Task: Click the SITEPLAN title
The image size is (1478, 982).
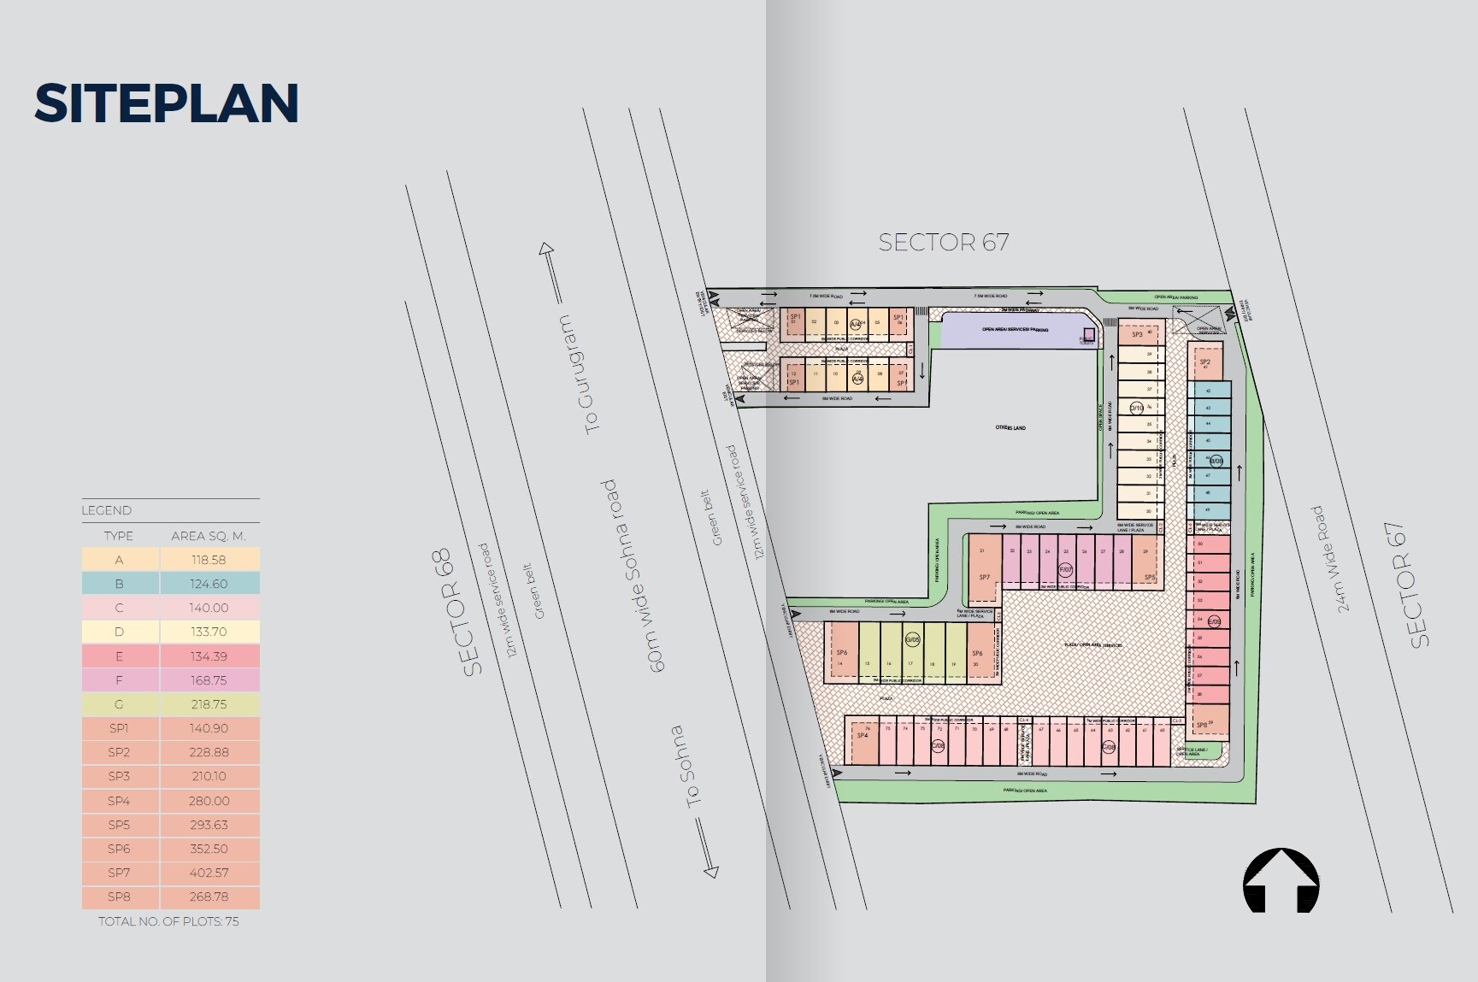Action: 167,103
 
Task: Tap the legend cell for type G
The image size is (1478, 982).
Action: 120,704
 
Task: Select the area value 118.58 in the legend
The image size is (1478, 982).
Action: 209,560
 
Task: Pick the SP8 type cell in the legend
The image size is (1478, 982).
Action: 120,897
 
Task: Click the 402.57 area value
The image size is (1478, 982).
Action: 209,873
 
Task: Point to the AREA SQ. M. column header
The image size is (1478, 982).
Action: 209,536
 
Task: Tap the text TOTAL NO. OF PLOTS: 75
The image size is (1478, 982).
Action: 168,921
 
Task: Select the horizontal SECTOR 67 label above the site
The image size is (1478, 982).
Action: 944,243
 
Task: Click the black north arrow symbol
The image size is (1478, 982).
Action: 1281,880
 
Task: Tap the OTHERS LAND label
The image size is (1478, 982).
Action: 1010,427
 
